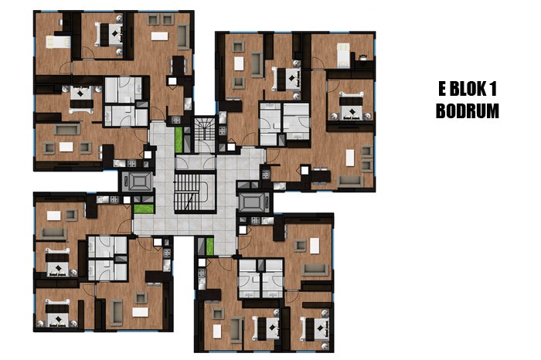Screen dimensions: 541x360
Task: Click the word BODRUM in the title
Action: coord(467,111)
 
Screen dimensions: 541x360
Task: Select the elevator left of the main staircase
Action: coord(138,181)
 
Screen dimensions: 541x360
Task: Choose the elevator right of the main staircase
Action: coord(254,202)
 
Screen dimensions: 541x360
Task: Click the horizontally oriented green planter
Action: coord(144,209)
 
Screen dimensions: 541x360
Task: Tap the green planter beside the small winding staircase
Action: coord(179,140)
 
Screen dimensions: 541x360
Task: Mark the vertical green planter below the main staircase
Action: coord(209,246)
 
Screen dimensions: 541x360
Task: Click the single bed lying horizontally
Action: coord(58,42)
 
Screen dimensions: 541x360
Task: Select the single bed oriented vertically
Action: coord(343,55)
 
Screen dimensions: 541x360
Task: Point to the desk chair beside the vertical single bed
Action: coord(363,56)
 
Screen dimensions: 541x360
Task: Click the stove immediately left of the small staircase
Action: coord(176,120)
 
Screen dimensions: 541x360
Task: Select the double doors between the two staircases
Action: coord(196,162)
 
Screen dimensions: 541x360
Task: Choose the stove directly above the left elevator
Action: coord(131,164)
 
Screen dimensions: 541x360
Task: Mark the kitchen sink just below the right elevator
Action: coord(267,220)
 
